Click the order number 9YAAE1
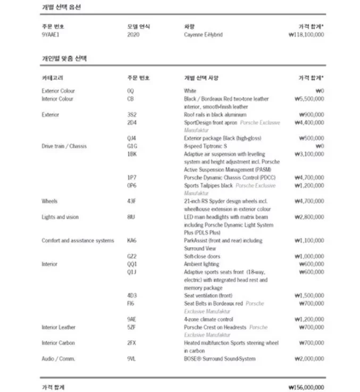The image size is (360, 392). point(51,35)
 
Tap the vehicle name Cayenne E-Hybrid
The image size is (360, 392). point(203,35)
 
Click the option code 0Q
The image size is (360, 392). point(130,91)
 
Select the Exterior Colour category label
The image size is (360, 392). point(58,91)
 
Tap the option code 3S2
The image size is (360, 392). point(132,114)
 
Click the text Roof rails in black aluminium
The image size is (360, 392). point(215,114)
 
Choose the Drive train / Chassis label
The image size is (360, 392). point(64,146)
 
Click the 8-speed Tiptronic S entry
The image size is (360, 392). point(206,146)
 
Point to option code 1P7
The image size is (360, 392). point(131,178)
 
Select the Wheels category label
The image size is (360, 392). point(49,201)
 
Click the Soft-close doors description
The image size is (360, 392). point(202,256)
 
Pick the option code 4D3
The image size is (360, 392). point(132,295)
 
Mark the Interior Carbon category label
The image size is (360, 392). point(58,343)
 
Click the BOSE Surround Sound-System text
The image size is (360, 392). point(220,359)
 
